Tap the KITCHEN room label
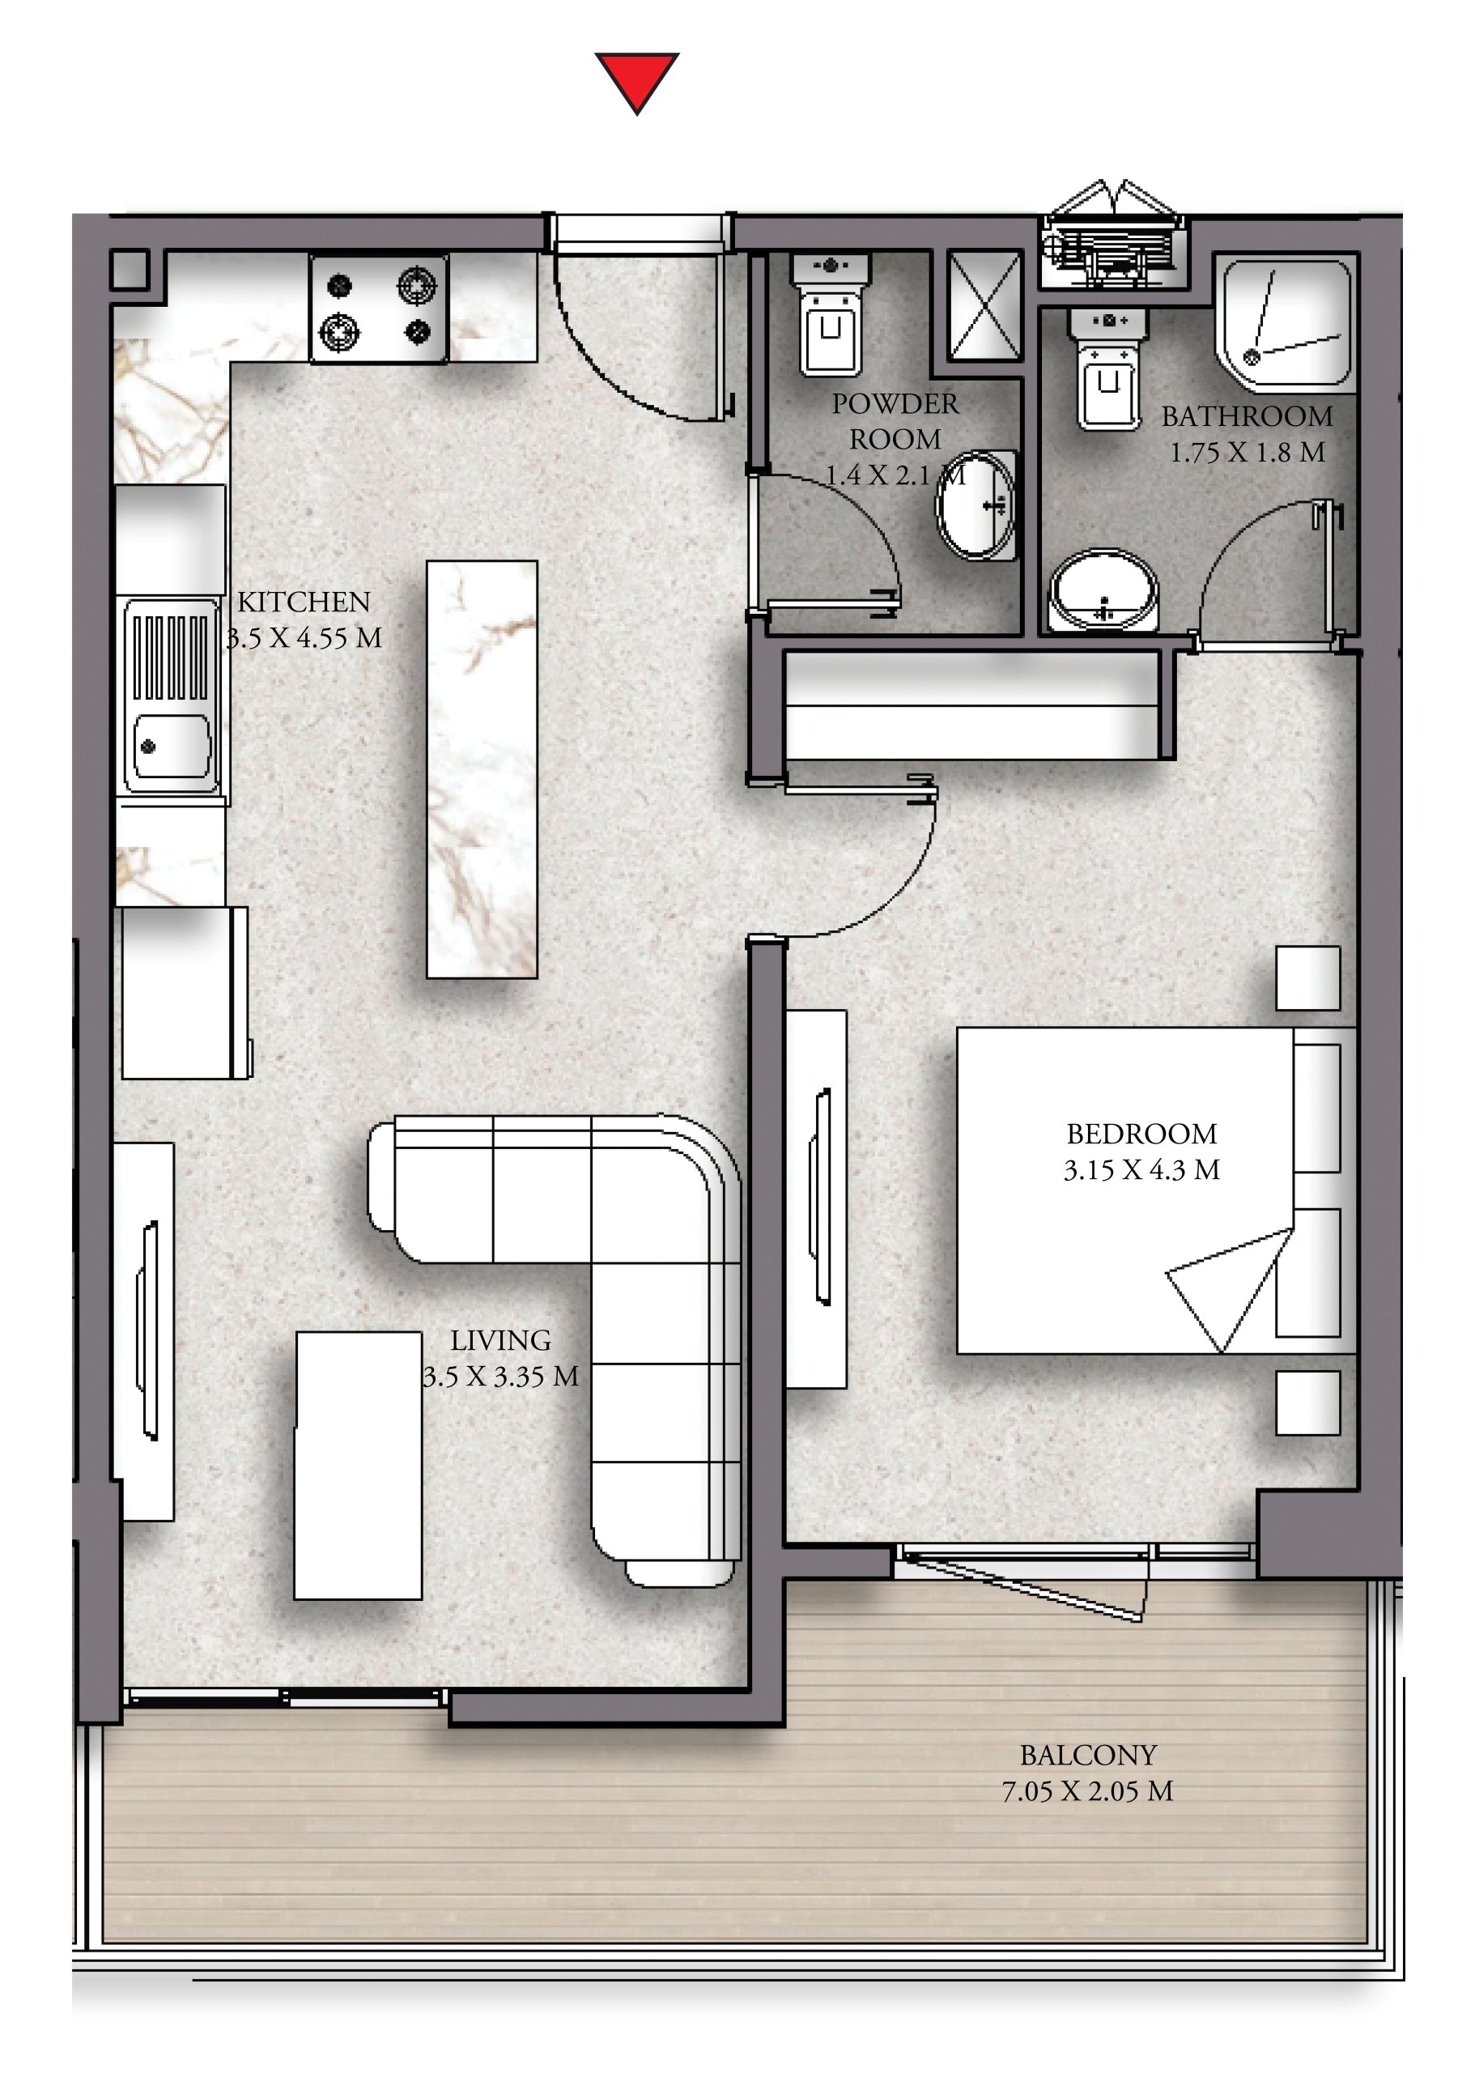[x=304, y=602]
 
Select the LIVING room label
[x=500, y=1340]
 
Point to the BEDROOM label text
[x=1141, y=1133]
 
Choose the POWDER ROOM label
[x=895, y=422]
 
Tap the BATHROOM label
[x=1247, y=416]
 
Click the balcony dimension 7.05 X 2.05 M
[x=1087, y=1790]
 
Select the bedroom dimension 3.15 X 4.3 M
[x=1141, y=1170]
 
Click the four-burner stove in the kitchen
[x=379, y=309]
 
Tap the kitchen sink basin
[x=172, y=696]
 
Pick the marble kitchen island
[x=482, y=769]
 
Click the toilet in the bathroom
[x=1107, y=368]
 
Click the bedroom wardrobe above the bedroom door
[x=972, y=706]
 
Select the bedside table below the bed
[x=1307, y=1403]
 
